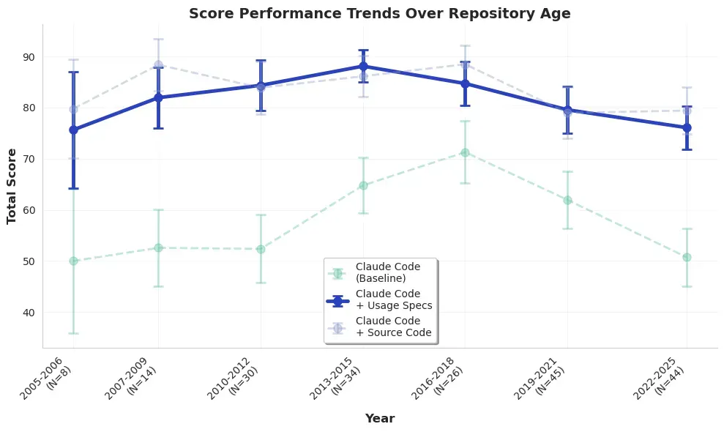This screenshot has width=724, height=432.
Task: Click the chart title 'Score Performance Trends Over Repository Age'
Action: (379, 13)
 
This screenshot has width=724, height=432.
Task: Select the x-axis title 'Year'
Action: (380, 419)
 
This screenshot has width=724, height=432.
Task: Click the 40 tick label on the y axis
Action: (28, 313)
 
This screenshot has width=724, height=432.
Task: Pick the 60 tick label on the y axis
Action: (28, 210)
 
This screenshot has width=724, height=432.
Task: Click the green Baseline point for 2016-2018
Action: (465, 152)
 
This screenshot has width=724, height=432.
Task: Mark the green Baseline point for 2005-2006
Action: (73, 261)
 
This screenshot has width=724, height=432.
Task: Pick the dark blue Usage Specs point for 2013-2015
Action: (363, 66)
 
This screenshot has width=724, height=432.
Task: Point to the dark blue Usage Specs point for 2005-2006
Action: (73, 130)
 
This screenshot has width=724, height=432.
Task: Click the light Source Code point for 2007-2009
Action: (158, 65)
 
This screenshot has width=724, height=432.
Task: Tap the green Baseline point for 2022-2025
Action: (687, 257)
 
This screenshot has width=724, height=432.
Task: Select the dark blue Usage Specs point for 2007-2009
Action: (158, 97)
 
